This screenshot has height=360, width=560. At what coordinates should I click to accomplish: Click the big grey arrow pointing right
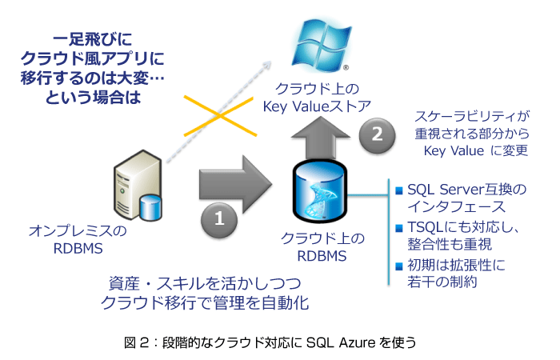point(232,179)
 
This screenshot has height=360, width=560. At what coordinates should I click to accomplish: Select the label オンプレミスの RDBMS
point(78,239)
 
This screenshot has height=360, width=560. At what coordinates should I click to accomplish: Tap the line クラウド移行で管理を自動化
point(205,303)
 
